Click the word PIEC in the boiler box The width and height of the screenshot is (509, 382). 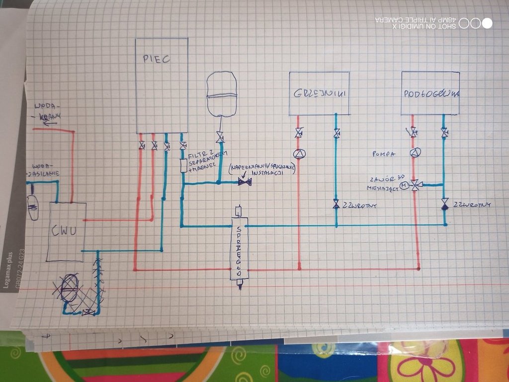[x=156, y=59]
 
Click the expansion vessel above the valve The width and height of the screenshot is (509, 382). [x=221, y=94]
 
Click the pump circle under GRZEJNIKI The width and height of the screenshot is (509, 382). [x=298, y=154]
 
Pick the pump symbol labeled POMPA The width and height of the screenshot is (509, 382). [x=414, y=153]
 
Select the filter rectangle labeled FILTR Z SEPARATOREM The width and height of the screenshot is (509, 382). [x=183, y=166]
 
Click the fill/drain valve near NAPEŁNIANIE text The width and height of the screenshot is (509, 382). [x=244, y=182]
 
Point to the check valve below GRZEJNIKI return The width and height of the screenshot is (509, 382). [x=336, y=204]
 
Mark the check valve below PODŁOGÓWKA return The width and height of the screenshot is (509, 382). [x=444, y=204]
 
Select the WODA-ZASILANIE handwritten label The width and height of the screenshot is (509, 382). [x=44, y=170]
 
